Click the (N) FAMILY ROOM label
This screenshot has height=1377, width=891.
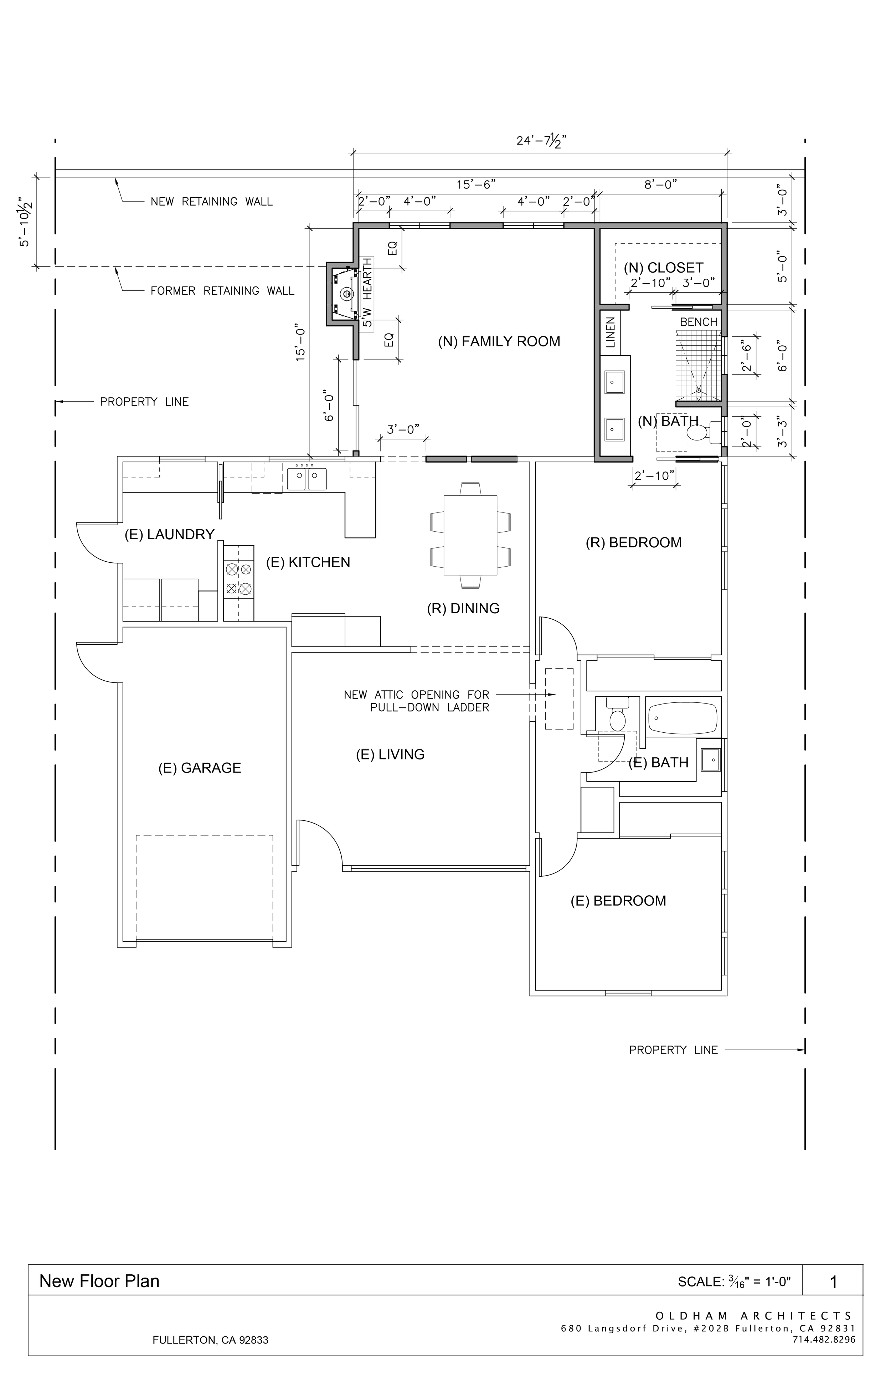499,341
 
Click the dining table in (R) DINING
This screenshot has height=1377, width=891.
470,535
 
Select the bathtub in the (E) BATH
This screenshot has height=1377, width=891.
683,717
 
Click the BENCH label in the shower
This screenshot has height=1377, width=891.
698,322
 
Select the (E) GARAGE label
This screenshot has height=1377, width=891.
200,768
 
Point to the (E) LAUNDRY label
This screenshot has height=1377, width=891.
170,535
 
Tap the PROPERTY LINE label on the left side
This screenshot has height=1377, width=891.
144,402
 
